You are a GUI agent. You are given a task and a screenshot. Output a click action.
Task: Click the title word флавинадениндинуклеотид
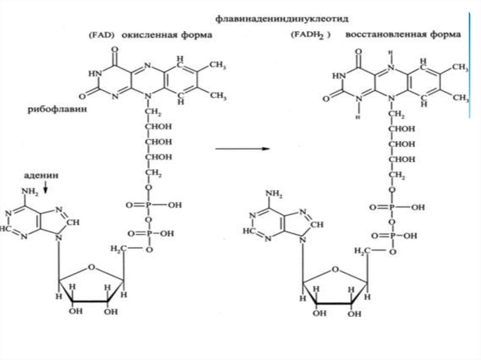tap(282, 20)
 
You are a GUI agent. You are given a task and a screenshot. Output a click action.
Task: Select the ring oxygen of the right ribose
tap(334, 269)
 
